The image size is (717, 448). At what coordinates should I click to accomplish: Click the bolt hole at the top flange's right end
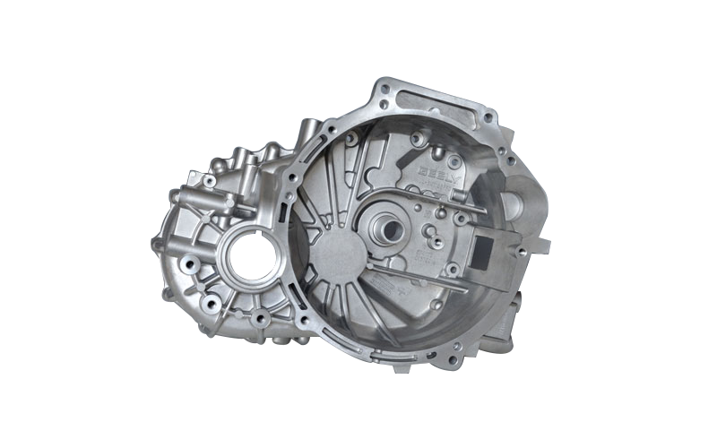click(x=488, y=114)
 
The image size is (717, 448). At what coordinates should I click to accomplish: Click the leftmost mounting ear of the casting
click(x=162, y=242)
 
